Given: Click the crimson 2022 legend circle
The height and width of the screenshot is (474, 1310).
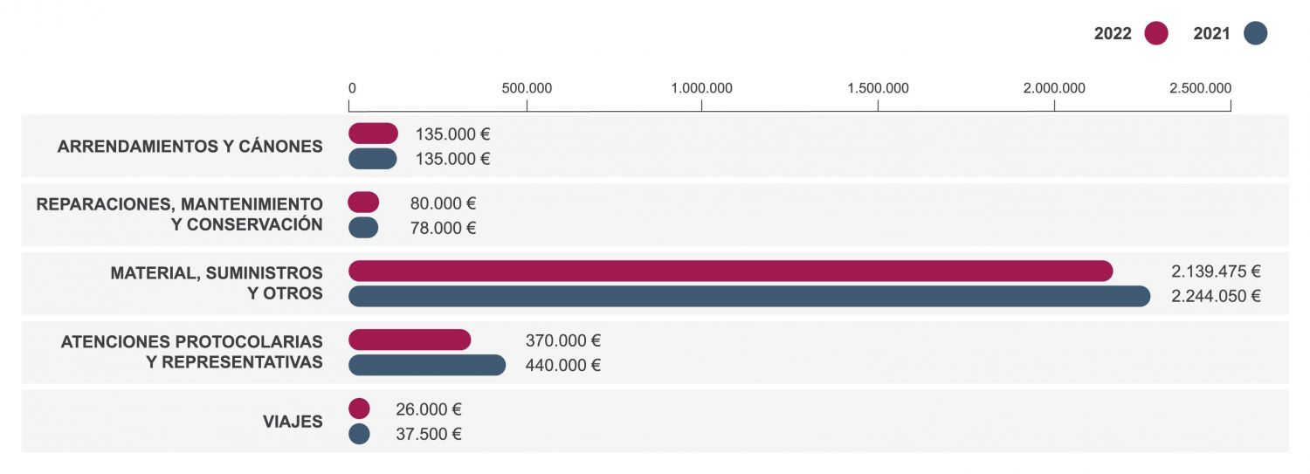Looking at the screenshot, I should click(1156, 34).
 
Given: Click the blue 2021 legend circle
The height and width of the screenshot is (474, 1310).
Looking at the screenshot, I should click(1255, 34).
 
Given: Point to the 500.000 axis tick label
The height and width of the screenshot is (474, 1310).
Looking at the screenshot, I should click(527, 88).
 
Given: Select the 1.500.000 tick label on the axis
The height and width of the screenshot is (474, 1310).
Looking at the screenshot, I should click(878, 88).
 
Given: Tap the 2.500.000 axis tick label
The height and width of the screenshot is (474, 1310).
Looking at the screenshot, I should click(1200, 88).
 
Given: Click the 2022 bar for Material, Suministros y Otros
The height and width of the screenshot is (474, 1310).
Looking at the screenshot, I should click(730, 271).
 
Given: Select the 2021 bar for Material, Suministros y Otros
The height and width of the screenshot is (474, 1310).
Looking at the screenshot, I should click(748, 296).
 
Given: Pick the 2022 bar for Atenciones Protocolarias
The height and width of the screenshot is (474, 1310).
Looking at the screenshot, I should click(410, 340).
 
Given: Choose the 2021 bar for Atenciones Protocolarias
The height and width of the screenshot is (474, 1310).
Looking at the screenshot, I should click(427, 365).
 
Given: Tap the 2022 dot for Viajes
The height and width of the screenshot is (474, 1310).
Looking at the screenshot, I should click(359, 409).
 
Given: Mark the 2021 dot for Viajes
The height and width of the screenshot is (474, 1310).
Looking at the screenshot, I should click(359, 434).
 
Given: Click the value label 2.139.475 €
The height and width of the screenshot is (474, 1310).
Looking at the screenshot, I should click(1216, 271).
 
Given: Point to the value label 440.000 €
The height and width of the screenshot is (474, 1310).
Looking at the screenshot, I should click(562, 366).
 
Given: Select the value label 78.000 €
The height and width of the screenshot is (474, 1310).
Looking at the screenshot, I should click(443, 229).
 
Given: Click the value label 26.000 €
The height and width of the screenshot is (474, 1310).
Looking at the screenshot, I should click(428, 409).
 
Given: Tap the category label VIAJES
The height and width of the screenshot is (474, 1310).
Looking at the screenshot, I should click(293, 422).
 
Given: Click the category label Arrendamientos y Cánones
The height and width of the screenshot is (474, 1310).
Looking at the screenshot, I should click(190, 147).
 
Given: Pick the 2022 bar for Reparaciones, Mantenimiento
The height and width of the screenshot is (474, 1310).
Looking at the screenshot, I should click(363, 203).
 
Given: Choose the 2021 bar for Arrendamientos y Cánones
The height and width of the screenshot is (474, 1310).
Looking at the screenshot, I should click(372, 159).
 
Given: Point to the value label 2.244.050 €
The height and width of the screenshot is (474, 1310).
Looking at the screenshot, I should click(1216, 296).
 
